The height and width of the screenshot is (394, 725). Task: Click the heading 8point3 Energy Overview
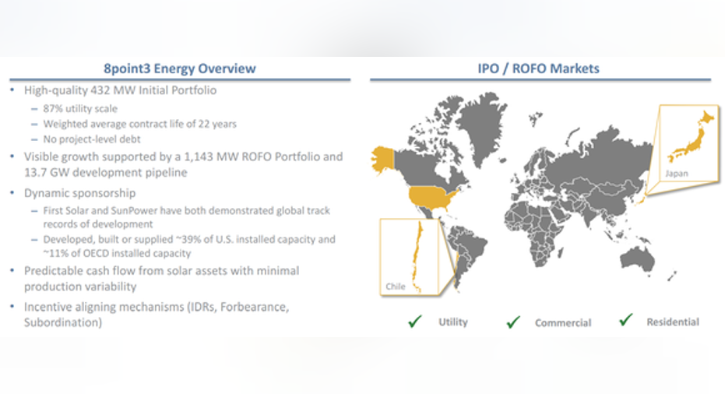179,69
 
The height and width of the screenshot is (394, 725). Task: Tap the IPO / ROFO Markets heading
538,69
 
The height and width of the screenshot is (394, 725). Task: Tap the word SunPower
132,210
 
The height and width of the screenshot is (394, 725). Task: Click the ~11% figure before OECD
55,253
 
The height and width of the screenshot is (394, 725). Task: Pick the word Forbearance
255,307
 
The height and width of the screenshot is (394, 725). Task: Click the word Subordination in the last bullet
61,322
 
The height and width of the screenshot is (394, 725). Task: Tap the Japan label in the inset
677,174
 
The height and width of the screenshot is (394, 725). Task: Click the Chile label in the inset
396,287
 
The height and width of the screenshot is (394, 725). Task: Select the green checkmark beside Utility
415,321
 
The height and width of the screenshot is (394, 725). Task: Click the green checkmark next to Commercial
513,322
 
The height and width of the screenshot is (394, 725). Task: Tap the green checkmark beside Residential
625,319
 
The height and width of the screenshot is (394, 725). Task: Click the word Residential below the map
673,322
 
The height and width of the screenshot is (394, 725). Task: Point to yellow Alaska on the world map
383,160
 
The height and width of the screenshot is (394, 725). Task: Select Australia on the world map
638,258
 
